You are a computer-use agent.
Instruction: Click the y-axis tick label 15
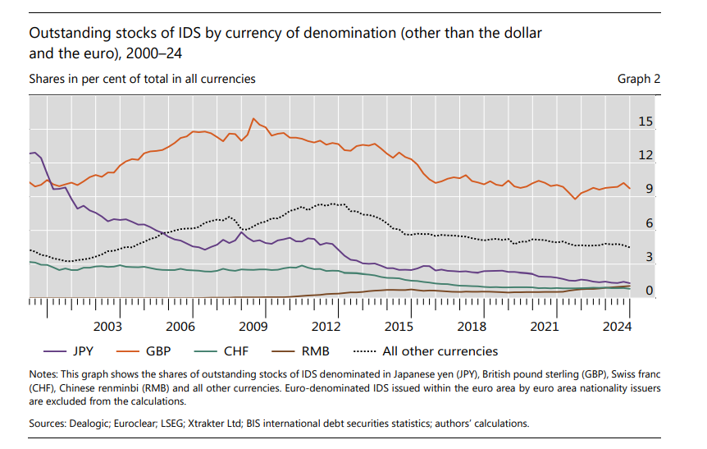coord(645,122)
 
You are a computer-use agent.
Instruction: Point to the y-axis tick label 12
coord(645,156)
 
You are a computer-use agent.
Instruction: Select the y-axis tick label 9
coord(649,190)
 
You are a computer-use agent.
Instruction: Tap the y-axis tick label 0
coord(649,291)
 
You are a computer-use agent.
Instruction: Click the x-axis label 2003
coord(108,327)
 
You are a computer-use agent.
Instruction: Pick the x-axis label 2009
coord(253,327)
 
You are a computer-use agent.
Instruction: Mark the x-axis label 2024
coord(616,327)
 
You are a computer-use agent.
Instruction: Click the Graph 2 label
coord(639,79)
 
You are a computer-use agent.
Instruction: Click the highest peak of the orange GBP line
coord(253,119)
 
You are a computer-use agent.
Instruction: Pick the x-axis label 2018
coord(471,327)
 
